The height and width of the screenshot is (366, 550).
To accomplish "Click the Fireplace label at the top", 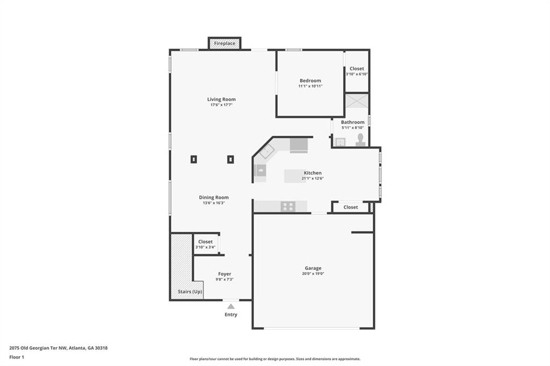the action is (225, 43).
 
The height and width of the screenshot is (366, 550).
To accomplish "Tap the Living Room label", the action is (221, 99).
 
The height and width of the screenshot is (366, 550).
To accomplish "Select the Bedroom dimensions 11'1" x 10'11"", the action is (310, 86).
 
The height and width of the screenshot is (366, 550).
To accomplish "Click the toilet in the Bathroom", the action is (360, 140).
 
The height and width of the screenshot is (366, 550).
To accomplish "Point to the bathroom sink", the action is (340, 142).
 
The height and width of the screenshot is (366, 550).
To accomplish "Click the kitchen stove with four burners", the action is (288, 207).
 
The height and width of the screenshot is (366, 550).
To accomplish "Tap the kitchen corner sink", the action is (267, 151).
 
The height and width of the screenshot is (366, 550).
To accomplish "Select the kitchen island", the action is (295, 176).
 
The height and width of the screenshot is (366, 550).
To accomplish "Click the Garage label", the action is (313, 268).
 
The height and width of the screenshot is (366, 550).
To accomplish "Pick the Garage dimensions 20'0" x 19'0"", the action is (313, 274).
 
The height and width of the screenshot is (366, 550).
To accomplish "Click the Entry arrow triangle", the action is (231, 306).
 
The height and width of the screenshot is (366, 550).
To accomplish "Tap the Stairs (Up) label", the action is (190, 292).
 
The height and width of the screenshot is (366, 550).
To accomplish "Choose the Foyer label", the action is (225, 274).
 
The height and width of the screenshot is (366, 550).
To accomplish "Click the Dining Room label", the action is (214, 197).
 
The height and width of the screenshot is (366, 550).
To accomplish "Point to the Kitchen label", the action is (313, 173).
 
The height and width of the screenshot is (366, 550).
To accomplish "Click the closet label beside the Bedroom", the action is (357, 69).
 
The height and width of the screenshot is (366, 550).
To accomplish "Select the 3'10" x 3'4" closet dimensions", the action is (205, 247).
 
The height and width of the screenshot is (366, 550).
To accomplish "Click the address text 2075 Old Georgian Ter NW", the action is (38, 348).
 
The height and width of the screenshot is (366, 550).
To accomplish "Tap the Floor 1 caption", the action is (17, 357).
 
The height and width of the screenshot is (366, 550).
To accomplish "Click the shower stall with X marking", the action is (357, 101).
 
